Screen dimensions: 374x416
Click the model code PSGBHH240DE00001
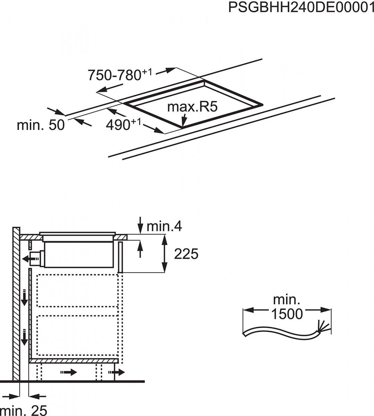pyautogui.click(x=301, y=8)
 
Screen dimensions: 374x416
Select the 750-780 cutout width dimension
pyautogui.click(x=120, y=75)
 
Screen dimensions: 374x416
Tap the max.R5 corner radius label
pyautogui.click(x=192, y=107)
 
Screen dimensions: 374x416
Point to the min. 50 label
pyautogui.click(x=41, y=125)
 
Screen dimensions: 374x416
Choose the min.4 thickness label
pyautogui.click(x=164, y=226)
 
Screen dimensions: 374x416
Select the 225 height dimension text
pyautogui.click(x=186, y=254)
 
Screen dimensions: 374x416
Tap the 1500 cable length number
pyautogui.click(x=287, y=314)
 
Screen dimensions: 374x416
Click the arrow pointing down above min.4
pyautogui.click(x=141, y=225)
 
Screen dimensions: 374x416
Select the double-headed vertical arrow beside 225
pyautogui.click(x=164, y=254)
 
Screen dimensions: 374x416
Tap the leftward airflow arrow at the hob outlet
pyautogui.click(x=31, y=259)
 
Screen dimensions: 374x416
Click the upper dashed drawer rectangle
pyautogui.click(x=77, y=291)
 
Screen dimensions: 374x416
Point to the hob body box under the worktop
pyautogui.click(x=79, y=254)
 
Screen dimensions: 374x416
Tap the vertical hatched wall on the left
pyautogui.click(x=16, y=304)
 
